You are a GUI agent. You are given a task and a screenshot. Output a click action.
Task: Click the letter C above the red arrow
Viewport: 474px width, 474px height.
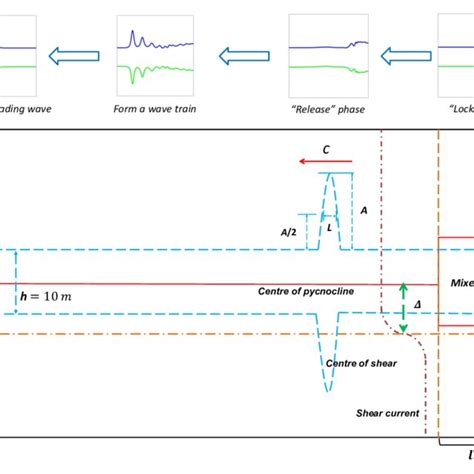[x=326, y=149]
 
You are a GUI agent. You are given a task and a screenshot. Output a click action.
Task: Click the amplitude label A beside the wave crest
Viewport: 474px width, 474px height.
[x=363, y=211]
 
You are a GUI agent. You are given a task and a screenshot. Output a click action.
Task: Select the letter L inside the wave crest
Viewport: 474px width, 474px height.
[x=329, y=228]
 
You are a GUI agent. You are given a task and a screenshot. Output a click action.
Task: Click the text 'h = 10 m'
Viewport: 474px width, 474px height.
[x=46, y=296]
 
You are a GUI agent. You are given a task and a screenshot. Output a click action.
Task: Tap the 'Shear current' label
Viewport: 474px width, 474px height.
[x=385, y=413]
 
